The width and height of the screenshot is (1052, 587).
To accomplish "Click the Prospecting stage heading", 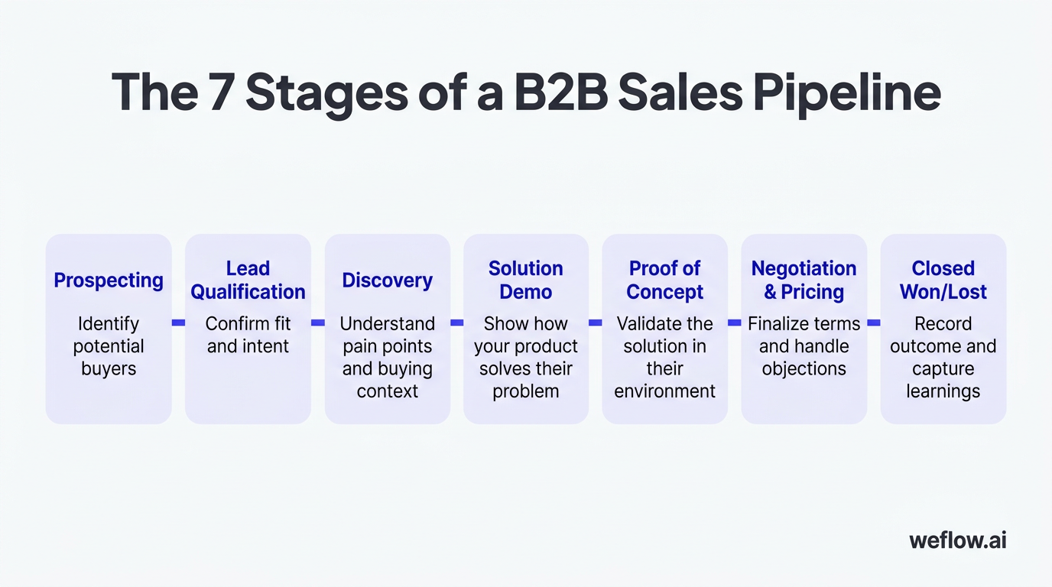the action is coord(109,281).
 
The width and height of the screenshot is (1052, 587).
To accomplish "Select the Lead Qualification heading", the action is coord(248,281).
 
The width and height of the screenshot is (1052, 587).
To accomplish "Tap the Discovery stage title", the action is coord(387,281).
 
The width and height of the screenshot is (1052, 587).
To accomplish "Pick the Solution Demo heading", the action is coord(525,281).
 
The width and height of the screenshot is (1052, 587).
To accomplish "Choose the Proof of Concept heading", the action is coord(664,281).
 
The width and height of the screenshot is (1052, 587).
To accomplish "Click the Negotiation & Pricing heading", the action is coord(804,281).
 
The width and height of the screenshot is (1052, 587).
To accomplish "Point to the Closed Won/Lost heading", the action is coord(943,281).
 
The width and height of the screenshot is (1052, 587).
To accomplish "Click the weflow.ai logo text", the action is coord(958,540).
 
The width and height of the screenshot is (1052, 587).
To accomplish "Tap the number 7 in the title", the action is coord(222,92).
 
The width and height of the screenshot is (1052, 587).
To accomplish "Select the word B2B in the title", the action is coord(560,92).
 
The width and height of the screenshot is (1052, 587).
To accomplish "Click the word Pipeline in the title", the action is coord(847,94).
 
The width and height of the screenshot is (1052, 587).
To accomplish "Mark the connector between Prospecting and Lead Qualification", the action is coord(178,323).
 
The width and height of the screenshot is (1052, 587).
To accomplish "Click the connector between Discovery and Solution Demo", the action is coord(457,323).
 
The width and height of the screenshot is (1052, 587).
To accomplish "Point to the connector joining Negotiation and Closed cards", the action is coord(874,323).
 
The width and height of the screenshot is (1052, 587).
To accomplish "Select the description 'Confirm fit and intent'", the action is coord(248,335).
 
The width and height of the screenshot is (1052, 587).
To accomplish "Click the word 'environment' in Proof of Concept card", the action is coord(664,391).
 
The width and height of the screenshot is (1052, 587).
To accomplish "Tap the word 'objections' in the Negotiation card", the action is coord(804,369).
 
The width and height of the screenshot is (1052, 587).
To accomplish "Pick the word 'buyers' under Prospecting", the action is coord(109,369).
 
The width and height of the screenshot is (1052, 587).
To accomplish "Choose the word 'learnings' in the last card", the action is coord(943,391).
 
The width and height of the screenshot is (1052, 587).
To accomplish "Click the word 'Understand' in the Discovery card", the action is coord(387,323).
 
